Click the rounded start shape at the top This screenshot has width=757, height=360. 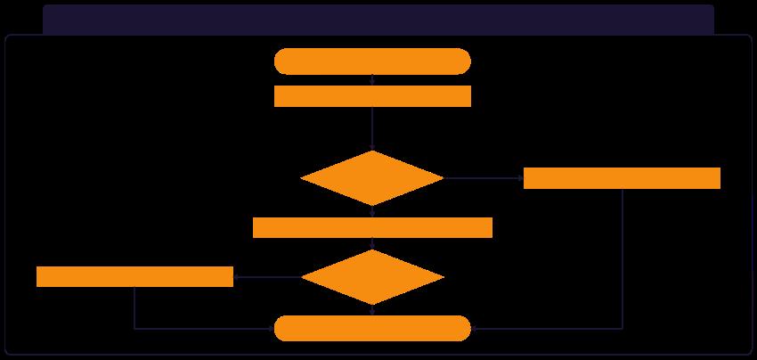(372, 61)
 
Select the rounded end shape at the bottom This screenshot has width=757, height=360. (372, 328)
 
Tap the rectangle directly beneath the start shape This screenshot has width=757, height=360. (372, 96)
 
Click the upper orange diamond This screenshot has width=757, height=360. (372, 178)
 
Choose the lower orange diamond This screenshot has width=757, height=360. (372, 277)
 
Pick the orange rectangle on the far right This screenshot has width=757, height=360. (622, 178)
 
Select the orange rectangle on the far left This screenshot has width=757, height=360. (134, 277)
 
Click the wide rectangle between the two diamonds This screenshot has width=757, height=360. (372, 227)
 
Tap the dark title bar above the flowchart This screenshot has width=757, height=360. (378, 19)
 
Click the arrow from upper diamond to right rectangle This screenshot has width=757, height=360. (483, 178)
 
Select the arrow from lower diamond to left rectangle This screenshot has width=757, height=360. (267, 277)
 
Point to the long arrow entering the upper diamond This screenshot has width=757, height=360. (372, 127)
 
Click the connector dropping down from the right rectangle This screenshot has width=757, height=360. (622, 258)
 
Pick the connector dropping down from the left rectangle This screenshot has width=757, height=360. (134, 307)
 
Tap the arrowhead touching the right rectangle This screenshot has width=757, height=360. (520, 178)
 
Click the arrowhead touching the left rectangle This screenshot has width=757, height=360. (237, 277)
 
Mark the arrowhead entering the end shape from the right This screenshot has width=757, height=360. (474, 328)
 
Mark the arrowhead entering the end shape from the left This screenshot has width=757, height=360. (271, 328)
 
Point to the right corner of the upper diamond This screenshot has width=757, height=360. (442, 178)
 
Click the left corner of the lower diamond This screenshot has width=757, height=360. (303, 277)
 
